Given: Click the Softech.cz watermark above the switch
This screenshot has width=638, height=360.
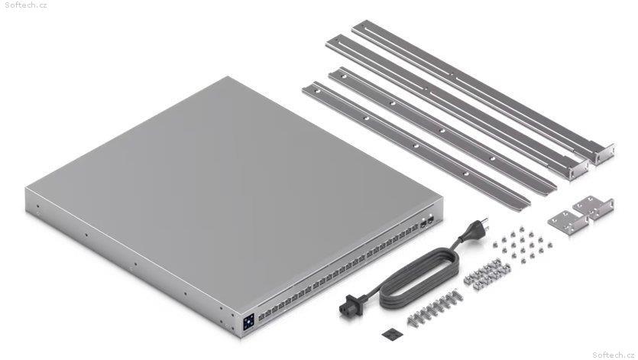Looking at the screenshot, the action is click(26, 5).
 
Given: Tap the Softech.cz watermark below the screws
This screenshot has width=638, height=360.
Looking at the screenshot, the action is click(614, 355).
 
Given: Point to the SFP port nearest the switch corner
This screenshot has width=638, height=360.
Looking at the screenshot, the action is click(430, 220).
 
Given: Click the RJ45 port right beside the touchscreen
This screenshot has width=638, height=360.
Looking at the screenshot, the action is click(261, 316).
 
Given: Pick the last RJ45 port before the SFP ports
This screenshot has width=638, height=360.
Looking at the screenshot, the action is click(415, 228).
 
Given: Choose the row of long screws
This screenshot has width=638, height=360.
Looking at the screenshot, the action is click(435, 307).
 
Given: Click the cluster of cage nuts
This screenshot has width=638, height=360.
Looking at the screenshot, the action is click(487, 273).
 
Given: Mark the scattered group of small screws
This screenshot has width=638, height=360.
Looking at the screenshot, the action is click(522, 245).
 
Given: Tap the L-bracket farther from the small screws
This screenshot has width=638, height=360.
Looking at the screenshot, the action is click(594, 207).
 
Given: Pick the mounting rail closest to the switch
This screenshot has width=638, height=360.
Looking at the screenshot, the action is click(415, 146).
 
